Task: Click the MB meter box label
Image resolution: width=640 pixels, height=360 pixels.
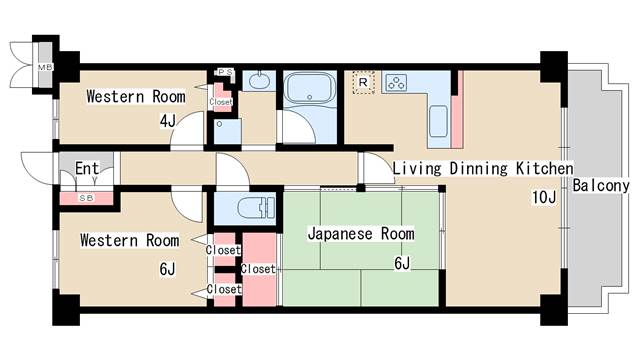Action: pos(45,67)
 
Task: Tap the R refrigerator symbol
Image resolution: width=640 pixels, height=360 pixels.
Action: pos(363,82)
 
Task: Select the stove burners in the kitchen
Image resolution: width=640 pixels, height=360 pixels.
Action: pos(396,82)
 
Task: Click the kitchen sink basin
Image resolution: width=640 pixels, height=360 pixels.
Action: pos(438,121)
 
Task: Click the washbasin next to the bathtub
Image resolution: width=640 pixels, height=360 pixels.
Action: pos(258,81)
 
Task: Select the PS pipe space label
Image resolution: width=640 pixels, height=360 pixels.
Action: pos(225,72)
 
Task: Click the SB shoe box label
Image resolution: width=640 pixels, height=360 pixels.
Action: pos(86,198)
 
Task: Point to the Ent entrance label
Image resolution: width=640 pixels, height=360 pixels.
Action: pos(87,168)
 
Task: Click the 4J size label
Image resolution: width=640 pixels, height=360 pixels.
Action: pos(167,121)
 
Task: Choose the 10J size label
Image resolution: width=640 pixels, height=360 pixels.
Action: pos(544,198)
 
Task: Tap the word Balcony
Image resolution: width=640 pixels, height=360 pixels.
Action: pos(600,186)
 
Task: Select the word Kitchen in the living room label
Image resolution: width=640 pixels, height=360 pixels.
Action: pos(544,169)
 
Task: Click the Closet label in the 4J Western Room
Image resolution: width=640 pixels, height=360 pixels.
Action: pos(221,102)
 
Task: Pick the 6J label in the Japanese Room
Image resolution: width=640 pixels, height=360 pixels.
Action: pos(402,263)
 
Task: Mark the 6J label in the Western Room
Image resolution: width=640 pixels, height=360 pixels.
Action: pos(167,269)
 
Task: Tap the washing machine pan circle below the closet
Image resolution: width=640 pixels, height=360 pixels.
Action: pos(220,124)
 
